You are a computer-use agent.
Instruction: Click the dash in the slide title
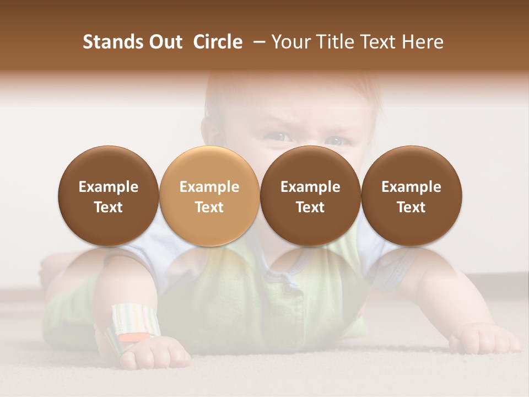point(257,42)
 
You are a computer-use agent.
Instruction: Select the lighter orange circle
point(209,196)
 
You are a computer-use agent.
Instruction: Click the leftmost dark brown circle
point(109,196)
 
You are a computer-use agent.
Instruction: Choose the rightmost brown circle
point(412,196)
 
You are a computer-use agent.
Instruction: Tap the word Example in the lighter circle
point(209,187)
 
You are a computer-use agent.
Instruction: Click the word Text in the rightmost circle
point(412,207)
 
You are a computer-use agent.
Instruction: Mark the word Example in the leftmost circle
point(109,187)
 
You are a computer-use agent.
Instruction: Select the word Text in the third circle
point(310,207)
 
